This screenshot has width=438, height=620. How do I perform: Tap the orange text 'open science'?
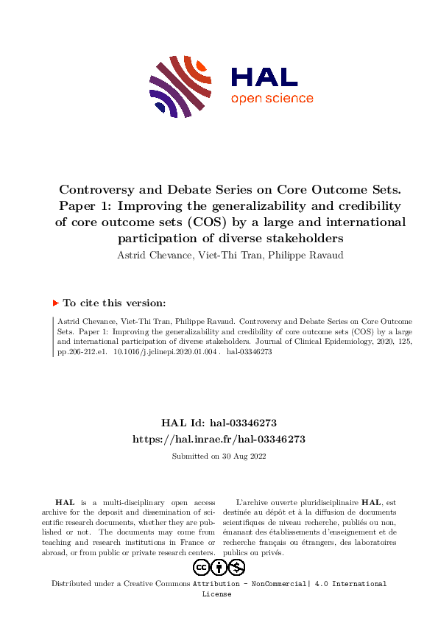(272, 99)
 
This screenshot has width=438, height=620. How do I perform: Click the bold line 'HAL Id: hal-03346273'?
(219, 423)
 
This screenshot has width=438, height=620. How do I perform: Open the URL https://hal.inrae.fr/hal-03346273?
(219, 439)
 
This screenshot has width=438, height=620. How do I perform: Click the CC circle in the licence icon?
(202, 567)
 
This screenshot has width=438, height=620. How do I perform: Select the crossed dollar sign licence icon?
(236, 567)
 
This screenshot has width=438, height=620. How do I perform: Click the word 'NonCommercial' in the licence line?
(275, 584)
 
